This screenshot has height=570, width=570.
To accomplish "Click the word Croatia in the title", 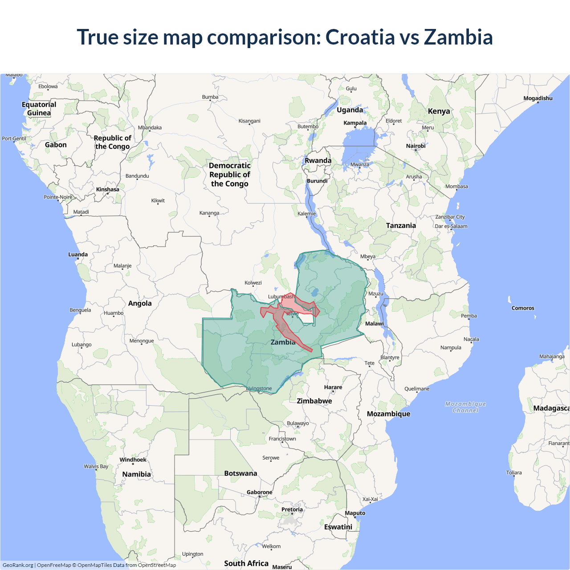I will pyautogui.click(x=360, y=37).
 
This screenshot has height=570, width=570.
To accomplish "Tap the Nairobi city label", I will pyautogui.click(x=415, y=146).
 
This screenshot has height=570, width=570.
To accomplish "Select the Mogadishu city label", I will pyautogui.click(x=537, y=98).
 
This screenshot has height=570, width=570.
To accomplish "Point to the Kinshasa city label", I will pyautogui.click(x=108, y=189).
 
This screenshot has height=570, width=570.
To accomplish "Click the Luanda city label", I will pyautogui.click(x=78, y=254).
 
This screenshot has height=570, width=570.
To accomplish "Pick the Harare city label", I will pyautogui.click(x=333, y=387).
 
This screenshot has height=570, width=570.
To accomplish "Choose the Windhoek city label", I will pyautogui.click(x=133, y=460).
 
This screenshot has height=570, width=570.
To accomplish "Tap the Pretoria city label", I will pyautogui.click(x=292, y=509).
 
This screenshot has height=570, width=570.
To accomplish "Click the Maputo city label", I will pyautogui.click(x=355, y=513).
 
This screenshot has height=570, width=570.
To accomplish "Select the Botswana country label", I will pyautogui.click(x=240, y=473).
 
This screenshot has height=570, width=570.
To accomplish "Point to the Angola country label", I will pyautogui.click(x=140, y=303).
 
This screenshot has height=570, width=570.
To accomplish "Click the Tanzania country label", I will pyautogui.click(x=401, y=226).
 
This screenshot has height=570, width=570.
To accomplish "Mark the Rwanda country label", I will pyautogui.click(x=318, y=161).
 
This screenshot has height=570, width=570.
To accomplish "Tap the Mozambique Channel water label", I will pyautogui.click(x=466, y=407).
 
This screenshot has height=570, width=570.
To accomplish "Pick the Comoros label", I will pyautogui.click(x=523, y=308).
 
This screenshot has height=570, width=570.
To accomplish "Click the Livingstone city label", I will pyautogui.click(x=259, y=388).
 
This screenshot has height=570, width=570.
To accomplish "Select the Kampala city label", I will pyautogui.click(x=355, y=123).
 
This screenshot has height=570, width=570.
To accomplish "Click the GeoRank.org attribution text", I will pyautogui.click(x=18, y=565).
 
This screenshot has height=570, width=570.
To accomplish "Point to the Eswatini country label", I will pyautogui.click(x=338, y=527).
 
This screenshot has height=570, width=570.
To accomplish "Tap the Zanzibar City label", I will pyautogui.click(x=450, y=217).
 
